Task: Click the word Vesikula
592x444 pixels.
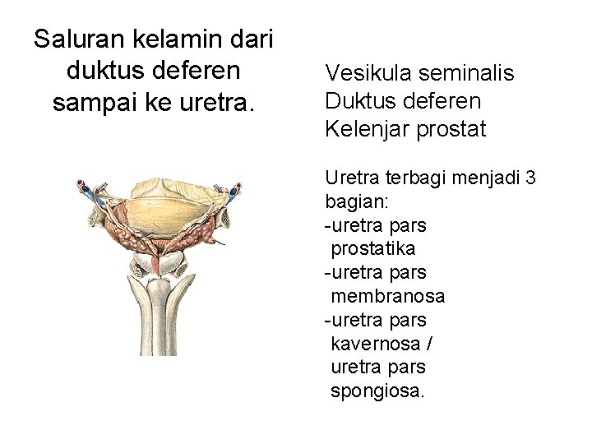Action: [368, 73]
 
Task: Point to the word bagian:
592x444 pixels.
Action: [353, 201]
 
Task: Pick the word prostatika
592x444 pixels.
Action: [372, 248]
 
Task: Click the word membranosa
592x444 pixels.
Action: [387, 295]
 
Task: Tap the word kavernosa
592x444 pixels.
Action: [375, 343]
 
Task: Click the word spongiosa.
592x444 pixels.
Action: [377, 391]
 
